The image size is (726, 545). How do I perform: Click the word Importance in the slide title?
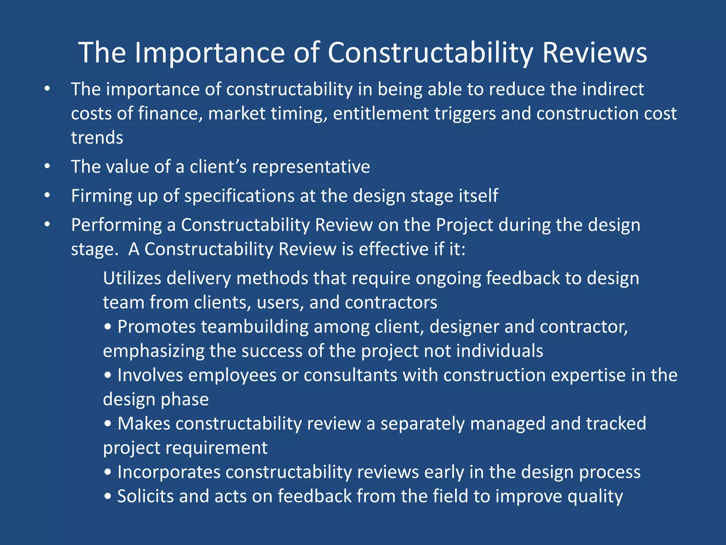(x=210, y=53)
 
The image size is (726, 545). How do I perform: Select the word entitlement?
(x=381, y=114)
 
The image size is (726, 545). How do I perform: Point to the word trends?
(x=97, y=138)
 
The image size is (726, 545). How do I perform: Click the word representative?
(x=311, y=167)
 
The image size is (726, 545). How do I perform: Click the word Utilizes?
(x=132, y=278)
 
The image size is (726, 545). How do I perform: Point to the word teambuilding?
(x=255, y=327)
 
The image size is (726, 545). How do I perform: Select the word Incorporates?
(x=169, y=472)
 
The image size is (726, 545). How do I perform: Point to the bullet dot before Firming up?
(x=47, y=196)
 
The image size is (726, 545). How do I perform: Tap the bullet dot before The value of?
(x=47, y=166)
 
